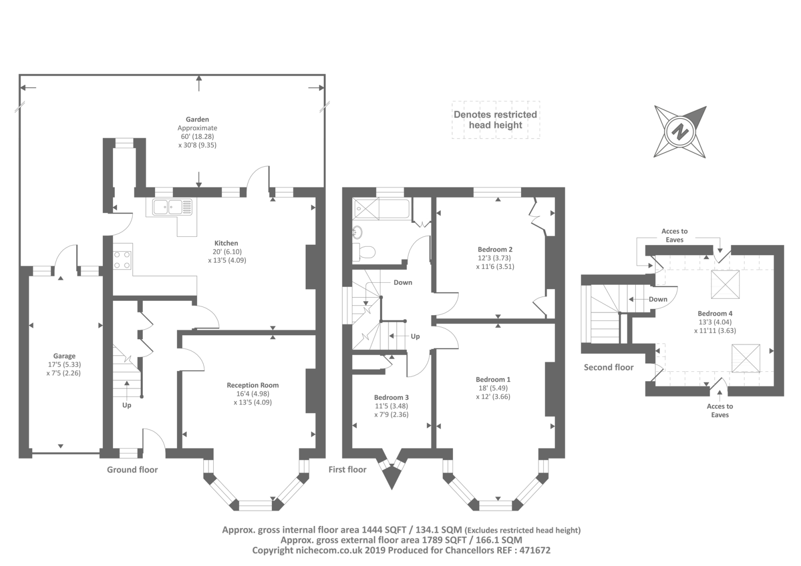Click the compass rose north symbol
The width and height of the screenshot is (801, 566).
coord(680,132)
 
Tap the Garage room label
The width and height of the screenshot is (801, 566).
coord(65,356)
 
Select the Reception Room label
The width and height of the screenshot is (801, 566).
coord(252,385)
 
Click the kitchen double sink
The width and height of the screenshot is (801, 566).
coord(169,207)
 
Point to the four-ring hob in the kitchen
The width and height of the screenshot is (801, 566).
coord(122,259)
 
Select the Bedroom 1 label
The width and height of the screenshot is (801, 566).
coord(493,379)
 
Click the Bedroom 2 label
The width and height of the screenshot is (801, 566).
coord(495,249)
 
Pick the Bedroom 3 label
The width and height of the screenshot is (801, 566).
coord(391,397)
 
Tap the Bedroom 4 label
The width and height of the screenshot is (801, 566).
coord(715,314)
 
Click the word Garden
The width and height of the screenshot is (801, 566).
coord(197,119)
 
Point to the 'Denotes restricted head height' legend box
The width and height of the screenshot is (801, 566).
coord(495,120)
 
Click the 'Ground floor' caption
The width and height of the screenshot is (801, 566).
coord(132,469)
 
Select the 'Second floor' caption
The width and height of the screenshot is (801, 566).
coord(608,367)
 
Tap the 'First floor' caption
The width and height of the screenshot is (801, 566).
coord(347,469)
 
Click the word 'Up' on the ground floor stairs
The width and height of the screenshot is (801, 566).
coord(127,405)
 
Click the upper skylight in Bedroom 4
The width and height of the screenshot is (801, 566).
coord(725,284)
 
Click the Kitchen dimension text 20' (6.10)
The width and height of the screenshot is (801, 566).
coord(227,252)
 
